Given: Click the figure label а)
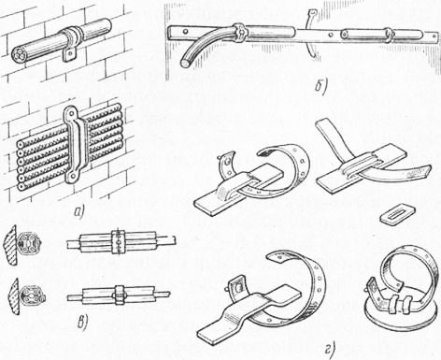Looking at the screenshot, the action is point(78,213).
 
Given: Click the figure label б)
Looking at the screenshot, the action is point(320,87).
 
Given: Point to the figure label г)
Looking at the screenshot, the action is point(331,351).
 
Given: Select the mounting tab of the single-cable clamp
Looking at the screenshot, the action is point(69,55).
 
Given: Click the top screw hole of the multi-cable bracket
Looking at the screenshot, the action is point(69,112).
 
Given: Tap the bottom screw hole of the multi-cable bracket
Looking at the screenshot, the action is point(72,177).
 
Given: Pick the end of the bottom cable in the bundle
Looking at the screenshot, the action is point(21,187).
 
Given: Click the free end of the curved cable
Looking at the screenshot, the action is point(185,64).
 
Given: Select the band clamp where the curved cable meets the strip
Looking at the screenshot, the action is point(240,32).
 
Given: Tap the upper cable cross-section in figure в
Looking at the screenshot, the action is point(29,242).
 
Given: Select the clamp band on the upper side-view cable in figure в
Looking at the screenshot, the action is point(118,242).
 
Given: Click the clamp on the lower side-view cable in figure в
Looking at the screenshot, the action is point(120,294).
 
